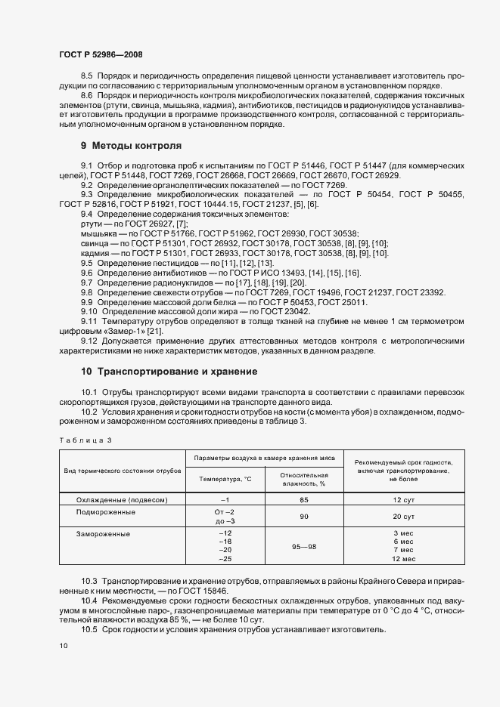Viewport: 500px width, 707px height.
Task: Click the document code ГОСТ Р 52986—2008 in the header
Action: [x=100, y=54]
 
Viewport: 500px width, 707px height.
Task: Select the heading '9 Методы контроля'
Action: [x=131, y=145]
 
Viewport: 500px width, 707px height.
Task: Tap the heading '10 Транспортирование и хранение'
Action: [x=169, y=372]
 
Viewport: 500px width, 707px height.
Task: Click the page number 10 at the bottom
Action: [x=64, y=646]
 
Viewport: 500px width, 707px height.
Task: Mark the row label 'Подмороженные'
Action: [x=106, y=512]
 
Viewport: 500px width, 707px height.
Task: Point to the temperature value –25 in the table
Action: [x=224, y=559]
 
